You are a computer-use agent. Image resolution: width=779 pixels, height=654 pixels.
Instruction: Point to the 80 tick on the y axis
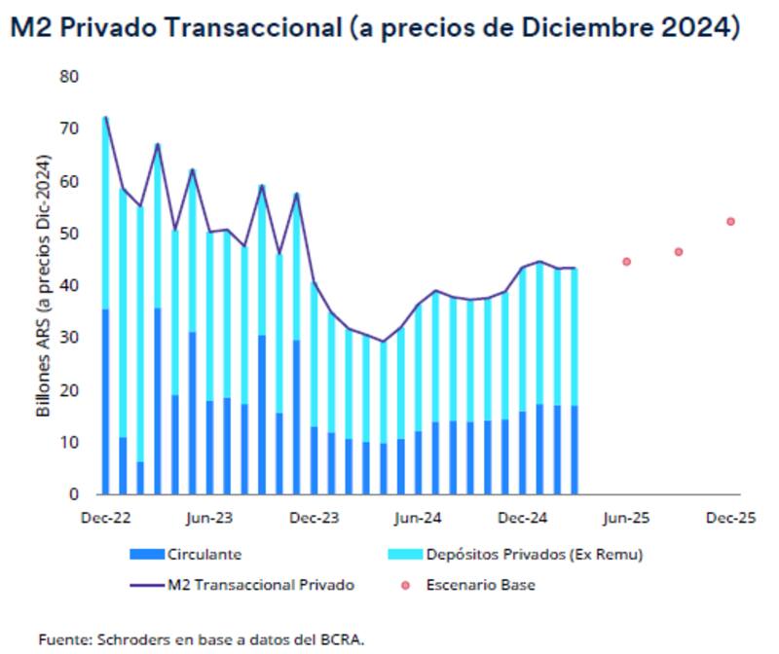click(68, 77)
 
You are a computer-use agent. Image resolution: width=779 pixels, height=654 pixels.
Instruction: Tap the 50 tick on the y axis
click(68, 235)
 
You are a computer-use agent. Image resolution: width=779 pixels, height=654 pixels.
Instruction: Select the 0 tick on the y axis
click(73, 494)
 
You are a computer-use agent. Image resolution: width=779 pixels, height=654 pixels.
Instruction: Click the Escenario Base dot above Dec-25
click(730, 221)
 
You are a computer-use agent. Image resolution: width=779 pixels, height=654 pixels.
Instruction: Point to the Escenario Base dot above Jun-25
click(626, 262)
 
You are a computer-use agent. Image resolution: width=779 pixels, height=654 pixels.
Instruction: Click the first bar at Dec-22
click(105, 311)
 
